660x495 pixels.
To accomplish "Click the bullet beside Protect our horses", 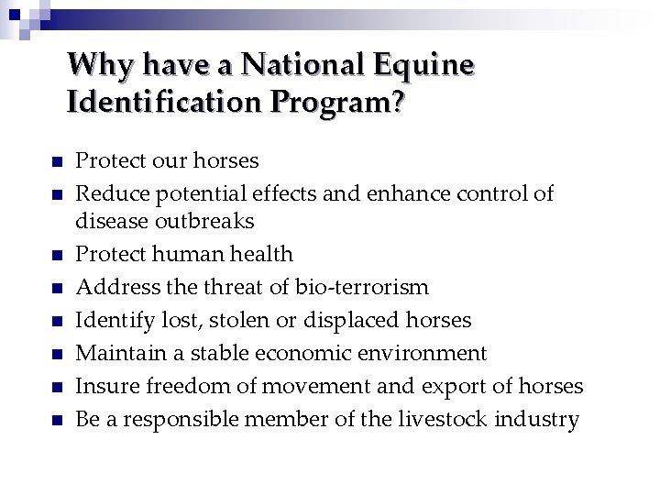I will point(56,162).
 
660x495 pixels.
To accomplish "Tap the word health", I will point(262,254).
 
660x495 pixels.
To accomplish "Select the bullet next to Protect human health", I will point(56,256).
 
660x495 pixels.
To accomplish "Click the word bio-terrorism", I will point(362,287).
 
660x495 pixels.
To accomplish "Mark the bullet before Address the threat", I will point(56,289).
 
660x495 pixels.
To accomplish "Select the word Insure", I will point(103,386).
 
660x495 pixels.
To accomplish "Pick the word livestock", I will point(444,419).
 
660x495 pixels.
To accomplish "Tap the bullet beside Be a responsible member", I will point(56,421).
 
